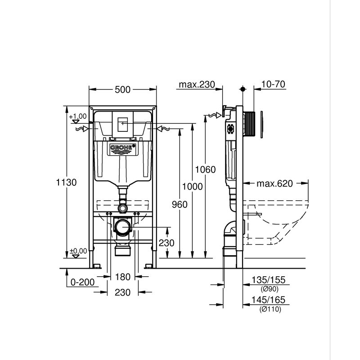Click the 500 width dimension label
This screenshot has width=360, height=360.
point(122,90)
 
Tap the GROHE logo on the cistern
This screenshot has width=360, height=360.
point(122,148)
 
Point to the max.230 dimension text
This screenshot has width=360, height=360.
point(197,85)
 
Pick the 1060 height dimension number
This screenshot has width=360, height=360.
point(206,170)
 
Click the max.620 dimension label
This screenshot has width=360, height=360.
point(274,184)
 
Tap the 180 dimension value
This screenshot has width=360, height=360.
point(122,277)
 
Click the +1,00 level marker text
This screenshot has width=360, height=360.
point(78,116)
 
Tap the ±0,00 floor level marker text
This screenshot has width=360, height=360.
point(78,250)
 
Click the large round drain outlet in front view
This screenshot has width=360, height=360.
point(121,227)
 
